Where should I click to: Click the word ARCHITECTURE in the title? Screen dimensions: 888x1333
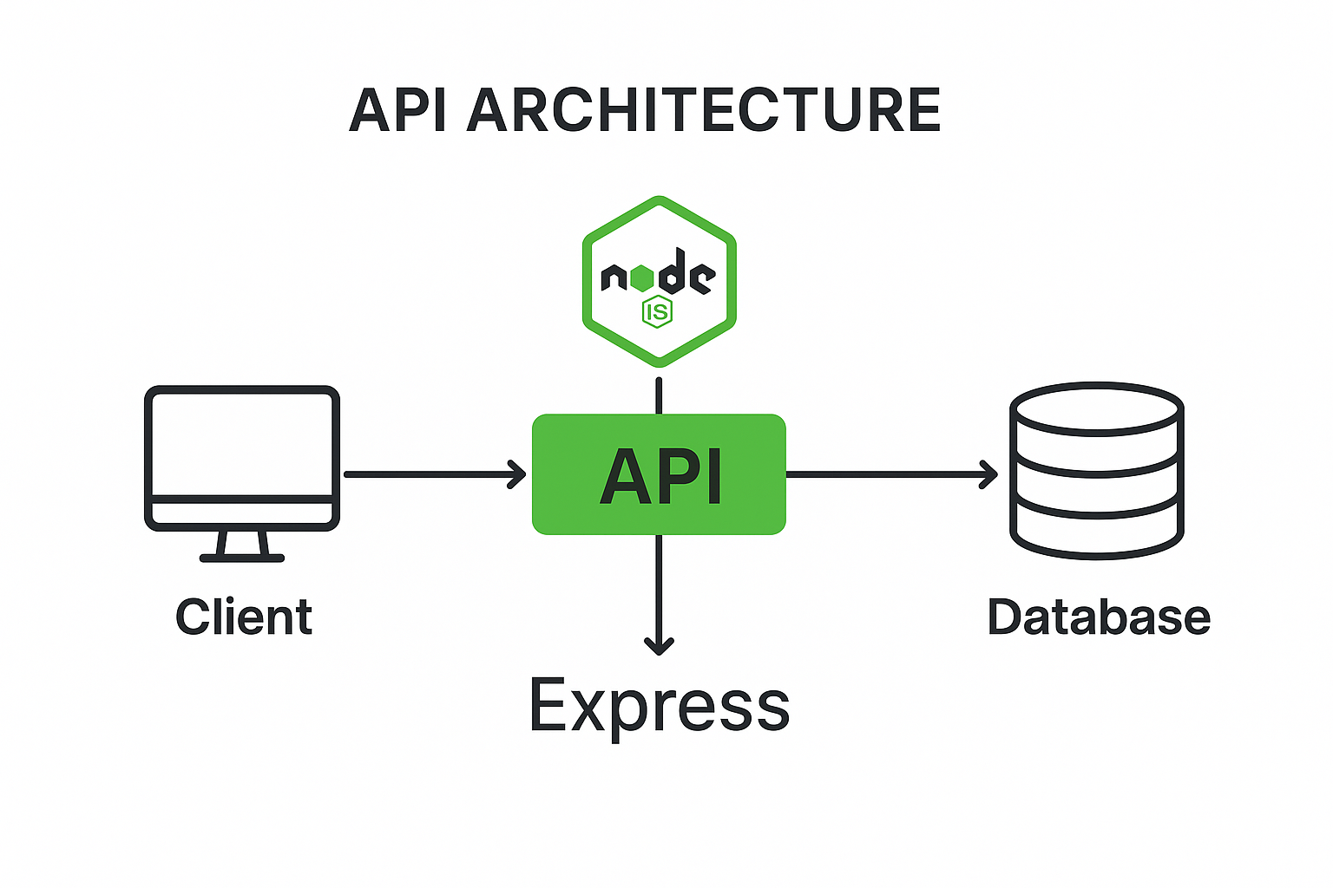[703, 110]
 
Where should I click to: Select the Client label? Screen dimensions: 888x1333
[244, 617]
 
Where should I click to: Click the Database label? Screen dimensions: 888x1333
[1099, 617]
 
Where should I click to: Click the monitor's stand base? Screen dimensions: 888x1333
[242, 558]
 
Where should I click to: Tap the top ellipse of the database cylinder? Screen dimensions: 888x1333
[1098, 407]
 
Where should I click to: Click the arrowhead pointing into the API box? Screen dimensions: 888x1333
[519, 474]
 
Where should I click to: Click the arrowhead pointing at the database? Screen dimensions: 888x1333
[990, 474]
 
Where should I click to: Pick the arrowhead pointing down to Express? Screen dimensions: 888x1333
[660, 646]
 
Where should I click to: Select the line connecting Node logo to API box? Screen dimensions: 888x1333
[659, 395]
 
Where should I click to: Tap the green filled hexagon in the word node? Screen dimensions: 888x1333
[642, 277]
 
